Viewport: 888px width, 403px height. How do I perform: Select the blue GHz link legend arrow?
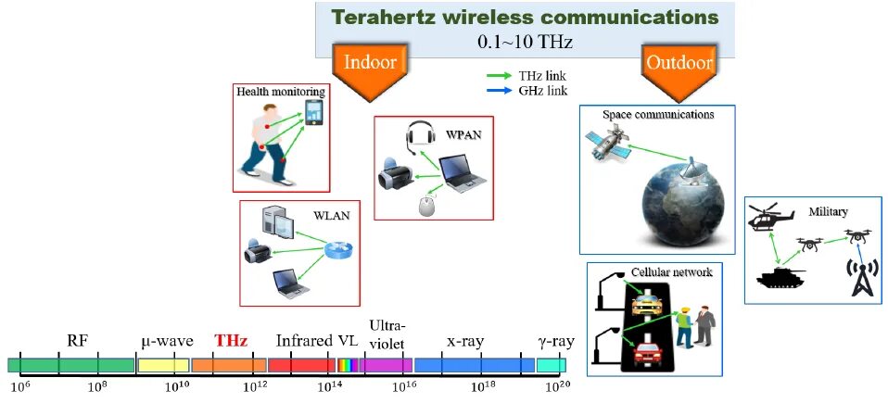(498, 90)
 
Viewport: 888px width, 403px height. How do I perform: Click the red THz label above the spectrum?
(231, 341)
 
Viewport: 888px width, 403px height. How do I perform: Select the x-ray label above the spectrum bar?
(464, 341)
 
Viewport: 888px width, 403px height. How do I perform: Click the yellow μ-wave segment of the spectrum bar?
(163, 365)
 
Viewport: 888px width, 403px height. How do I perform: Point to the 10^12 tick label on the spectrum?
(253, 385)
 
